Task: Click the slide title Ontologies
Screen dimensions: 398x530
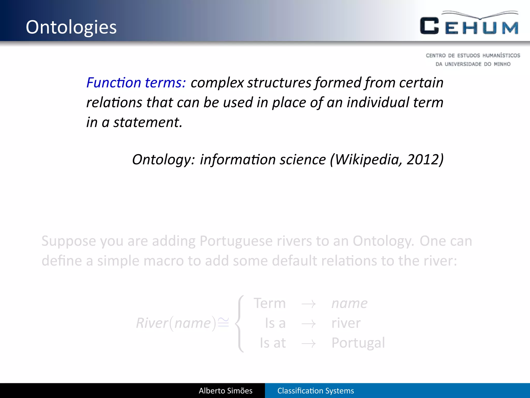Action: pos(71,27)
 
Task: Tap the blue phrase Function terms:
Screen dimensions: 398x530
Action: pos(136,83)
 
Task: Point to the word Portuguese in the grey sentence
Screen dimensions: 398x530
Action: pos(236,241)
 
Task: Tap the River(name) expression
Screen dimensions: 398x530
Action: pos(176,323)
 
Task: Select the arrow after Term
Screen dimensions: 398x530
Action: pos(308,304)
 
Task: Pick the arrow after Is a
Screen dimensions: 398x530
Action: pos(308,324)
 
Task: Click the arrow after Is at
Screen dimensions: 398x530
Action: pos(308,344)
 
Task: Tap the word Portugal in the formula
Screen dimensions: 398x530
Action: pos(358,343)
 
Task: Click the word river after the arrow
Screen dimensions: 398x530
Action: pos(346,323)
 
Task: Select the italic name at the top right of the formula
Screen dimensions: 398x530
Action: pos(349,303)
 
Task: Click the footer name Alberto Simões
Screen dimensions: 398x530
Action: pos(225,391)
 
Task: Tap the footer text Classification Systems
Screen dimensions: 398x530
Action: pos(315,391)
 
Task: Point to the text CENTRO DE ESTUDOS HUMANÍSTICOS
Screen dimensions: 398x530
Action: pos(473,55)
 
